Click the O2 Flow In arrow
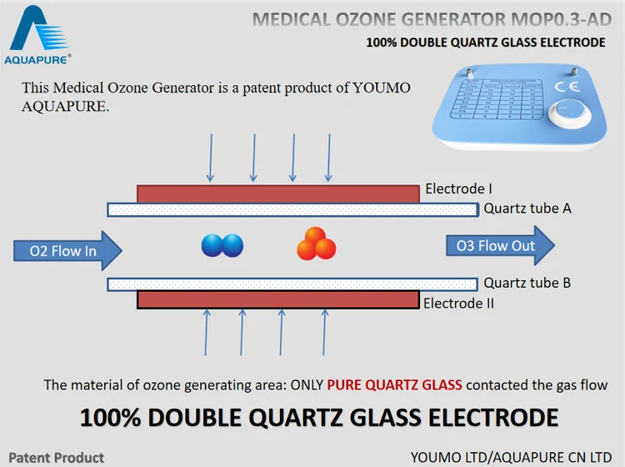[67, 250]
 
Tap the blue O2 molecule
[222, 245]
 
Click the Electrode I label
[459, 188]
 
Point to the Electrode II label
[458, 303]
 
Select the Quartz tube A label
[527, 208]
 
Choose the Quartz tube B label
[527, 283]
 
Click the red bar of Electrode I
[277, 193]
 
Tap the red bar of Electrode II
[277, 299]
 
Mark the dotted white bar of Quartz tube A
[292, 209]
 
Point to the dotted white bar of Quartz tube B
[292, 284]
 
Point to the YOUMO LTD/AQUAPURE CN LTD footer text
[511, 457]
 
